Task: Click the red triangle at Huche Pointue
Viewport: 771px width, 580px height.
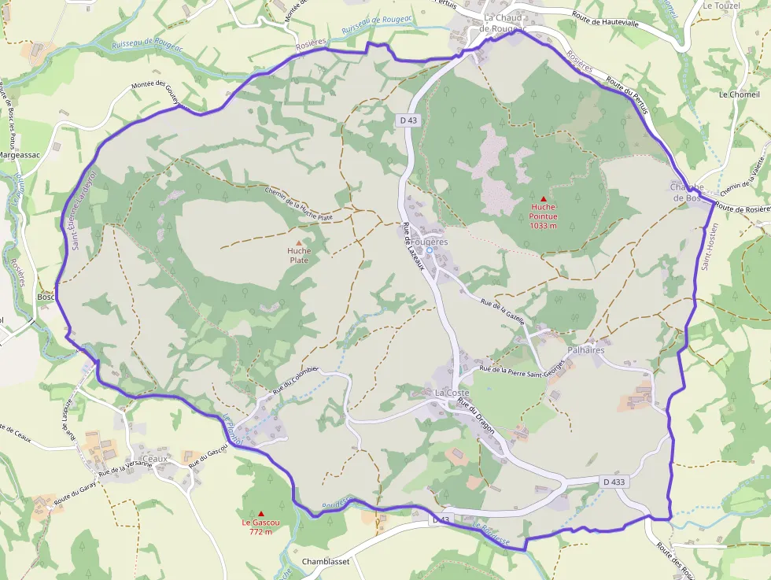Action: [543, 198]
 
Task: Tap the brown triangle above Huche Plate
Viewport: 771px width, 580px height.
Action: [298, 243]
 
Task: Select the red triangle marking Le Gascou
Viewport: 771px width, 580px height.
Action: [261, 513]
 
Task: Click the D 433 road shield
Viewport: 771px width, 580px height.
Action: [614, 481]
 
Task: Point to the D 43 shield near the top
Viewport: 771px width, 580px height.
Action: [408, 120]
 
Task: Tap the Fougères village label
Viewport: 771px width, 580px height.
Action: [429, 242]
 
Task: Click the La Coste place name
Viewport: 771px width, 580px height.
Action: [452, 392]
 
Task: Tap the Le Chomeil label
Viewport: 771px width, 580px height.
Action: [739, 94]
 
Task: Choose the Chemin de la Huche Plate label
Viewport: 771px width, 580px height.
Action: [299, 203]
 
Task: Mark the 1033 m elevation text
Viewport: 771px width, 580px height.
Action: [543, 226]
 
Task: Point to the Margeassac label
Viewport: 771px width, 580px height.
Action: [19, 155]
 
